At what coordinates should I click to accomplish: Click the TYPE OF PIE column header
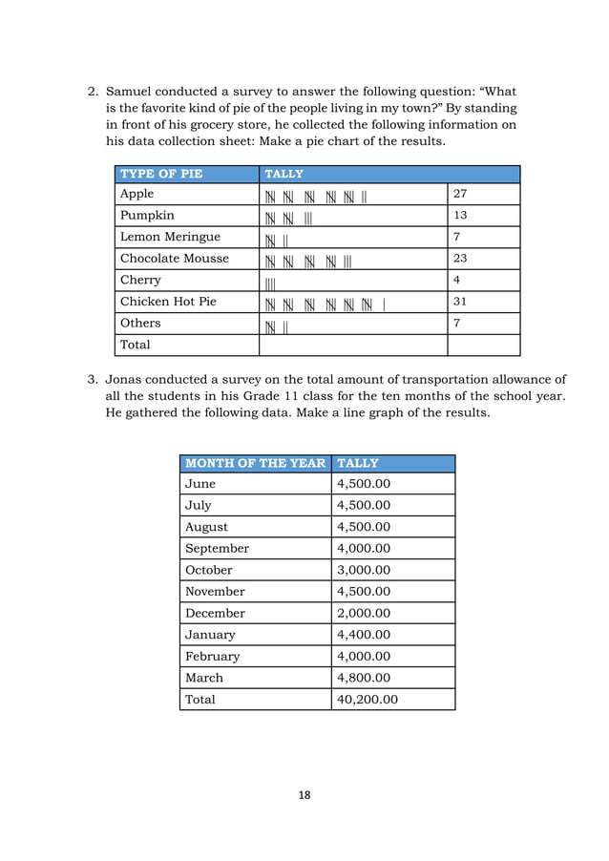click(x=161, y=174)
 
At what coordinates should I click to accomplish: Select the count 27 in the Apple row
click(x=461, y=195)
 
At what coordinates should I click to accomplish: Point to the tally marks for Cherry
click(x=270, y=282)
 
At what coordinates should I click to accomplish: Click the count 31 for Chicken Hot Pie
click(x=461, y=302)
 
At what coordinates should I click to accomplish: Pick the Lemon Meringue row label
click(x=170, y=237)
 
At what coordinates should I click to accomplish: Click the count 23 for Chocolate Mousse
click(x=461, y=259)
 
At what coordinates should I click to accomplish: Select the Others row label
click(x=140, y=323)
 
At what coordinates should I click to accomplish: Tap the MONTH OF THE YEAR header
click(x=254, y=463)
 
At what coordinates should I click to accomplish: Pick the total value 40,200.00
click(x=367, y=700)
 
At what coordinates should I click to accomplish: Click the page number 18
click(x=304, y=794)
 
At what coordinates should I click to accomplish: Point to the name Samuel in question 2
click(x=134, y=93)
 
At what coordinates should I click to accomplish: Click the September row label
click(x=217, y=549)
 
